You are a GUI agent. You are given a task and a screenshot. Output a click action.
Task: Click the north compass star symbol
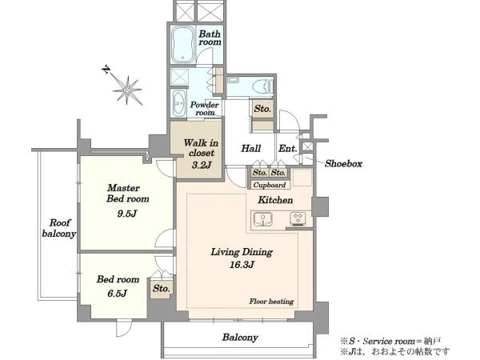(126, 82)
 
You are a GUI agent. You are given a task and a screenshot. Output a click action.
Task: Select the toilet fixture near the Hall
(260, 86)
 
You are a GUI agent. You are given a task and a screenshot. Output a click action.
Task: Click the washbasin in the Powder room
(178, 102)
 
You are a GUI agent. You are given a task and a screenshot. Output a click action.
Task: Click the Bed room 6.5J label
(118, 286)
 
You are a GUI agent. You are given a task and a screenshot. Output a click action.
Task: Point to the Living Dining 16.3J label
(242, 258)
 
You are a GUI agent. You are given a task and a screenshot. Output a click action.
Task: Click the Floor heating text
(270, 302)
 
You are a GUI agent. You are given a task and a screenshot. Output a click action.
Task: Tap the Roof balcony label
(58, 229)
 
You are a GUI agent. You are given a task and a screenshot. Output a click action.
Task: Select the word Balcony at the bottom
(240, 338)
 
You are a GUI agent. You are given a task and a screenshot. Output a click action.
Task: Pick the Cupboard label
(269, 185)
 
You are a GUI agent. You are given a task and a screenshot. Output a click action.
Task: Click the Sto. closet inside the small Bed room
(162, 287)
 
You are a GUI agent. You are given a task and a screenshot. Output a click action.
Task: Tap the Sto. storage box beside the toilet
(262, 108)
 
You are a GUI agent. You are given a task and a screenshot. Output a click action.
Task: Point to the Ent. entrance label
(288, 149)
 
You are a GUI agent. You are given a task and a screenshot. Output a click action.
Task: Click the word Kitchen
(274, 199)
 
